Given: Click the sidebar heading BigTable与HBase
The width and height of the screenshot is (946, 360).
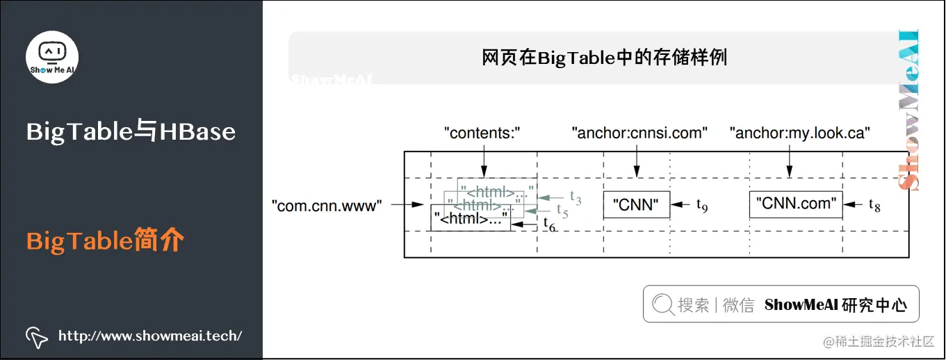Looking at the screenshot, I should tap(131, 131).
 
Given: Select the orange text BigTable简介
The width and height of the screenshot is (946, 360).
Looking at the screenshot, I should tap(105, 241).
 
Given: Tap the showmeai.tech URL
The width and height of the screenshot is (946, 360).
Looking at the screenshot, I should tap(150, 336).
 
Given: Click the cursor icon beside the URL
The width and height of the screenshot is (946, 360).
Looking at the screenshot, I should tap(36, 336).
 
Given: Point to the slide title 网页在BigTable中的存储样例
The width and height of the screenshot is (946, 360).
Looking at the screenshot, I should tap(604, 57).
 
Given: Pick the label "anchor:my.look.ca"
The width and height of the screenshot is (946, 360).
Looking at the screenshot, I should tap(800, 133).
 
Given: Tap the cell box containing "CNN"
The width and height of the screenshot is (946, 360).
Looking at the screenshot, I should tap(637, 205).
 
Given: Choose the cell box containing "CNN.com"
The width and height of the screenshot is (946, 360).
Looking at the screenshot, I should tap(797, 204).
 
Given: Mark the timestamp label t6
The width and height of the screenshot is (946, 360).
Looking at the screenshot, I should tap(549, 225).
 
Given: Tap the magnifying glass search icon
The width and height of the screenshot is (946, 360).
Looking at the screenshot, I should tap(663, 304).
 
